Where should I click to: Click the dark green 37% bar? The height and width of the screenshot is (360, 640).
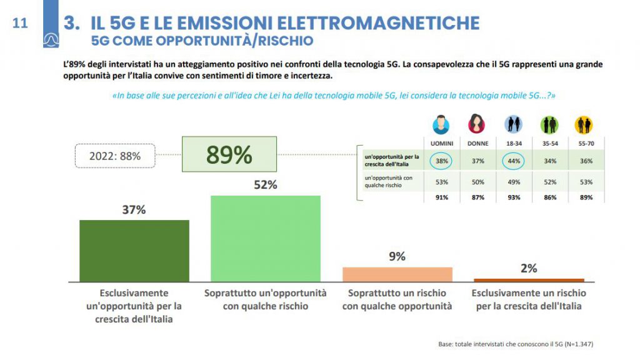(x=134, y=251)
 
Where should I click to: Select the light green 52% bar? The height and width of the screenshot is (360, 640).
(x=265, y=238)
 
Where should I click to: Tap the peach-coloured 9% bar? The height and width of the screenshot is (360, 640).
(x=397, y=274)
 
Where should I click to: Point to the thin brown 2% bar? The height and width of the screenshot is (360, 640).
(x=529, y=280)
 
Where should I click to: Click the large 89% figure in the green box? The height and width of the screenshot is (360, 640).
(x=229, y=154)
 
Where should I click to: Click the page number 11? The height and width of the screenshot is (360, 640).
(x=20, y=24)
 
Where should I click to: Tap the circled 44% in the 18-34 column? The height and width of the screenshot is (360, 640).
(x=513, y=161)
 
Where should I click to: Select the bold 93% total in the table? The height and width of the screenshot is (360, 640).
(x=513, y=197)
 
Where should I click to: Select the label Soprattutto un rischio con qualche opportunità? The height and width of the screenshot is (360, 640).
(x=397, y=299)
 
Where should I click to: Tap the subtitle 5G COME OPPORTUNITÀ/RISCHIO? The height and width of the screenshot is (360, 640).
(x=202, y=41)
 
